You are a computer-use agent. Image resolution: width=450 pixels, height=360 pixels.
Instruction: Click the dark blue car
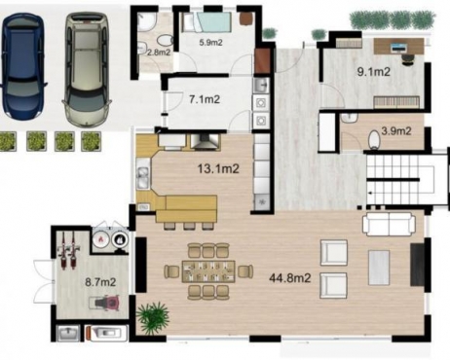click(24, 65)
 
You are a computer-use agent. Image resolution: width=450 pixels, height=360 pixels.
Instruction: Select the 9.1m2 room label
click(373, 71)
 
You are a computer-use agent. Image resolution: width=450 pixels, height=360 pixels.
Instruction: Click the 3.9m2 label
click(394, 130)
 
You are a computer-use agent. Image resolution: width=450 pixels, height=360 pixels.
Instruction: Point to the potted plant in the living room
click(153, 317)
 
